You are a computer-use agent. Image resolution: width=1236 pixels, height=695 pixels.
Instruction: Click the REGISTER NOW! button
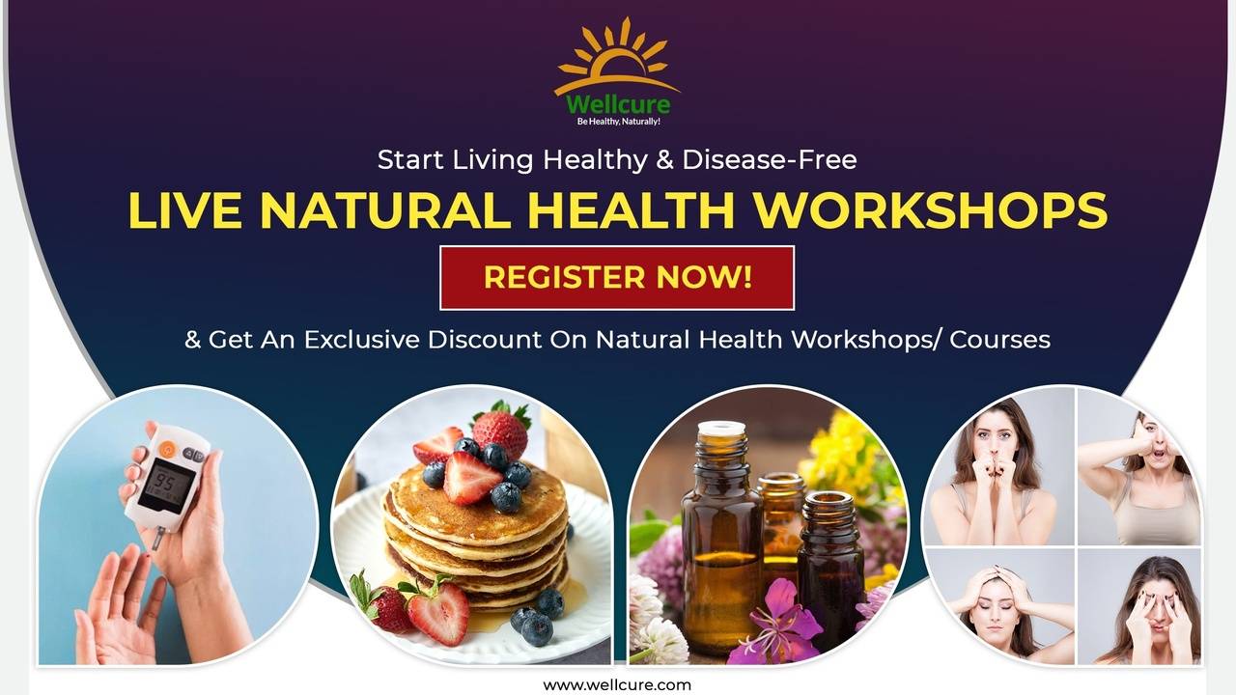pyautogui.click(x=617, y=278)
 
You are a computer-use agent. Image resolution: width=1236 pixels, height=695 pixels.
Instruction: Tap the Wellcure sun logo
pyautogui.click(x=616, y=58)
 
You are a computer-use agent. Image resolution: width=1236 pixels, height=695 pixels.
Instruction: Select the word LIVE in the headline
pyautogui.click(x=183, y=210)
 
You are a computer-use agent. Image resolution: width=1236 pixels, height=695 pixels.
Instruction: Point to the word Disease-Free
pyautogui.click(x=770, y=159)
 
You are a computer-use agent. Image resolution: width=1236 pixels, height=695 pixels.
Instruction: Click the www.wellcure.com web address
pyautogui.click(x=617, y=684)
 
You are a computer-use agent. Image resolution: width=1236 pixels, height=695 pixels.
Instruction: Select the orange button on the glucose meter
pyautogui.click(x=167, y=449)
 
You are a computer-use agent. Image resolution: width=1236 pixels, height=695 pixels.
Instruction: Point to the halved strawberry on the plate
pyautogui.click(x=438, y=612)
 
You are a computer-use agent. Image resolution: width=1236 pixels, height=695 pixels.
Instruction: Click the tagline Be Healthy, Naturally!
pyautogui.click(x=618, y=122)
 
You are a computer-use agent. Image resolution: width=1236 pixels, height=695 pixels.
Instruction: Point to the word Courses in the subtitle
pyautogui.click(x=1000, y=340)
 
